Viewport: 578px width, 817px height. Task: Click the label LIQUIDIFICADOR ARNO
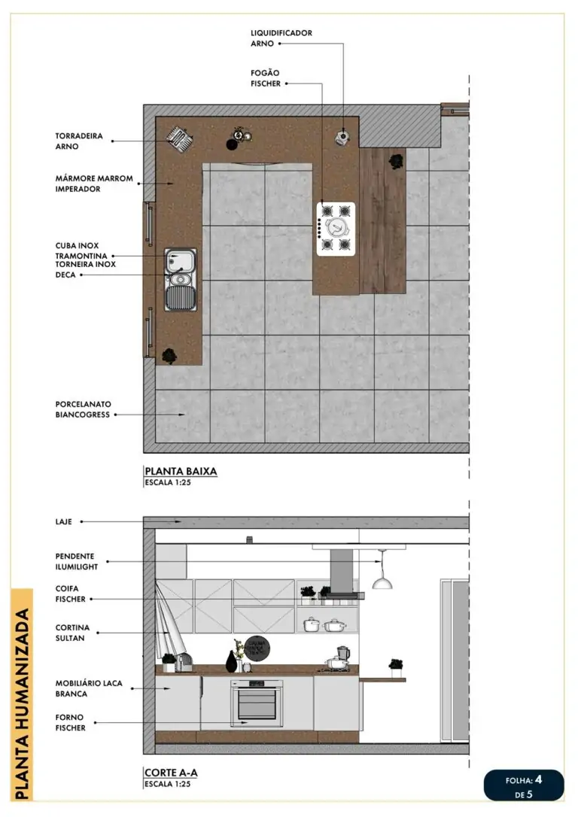(x=281, y=38)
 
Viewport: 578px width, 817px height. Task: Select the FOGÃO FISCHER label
(x=266, y=78)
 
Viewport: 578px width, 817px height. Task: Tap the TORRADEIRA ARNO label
(x=78, y=141)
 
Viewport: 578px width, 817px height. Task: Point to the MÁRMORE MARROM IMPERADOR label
(x=94, y=184)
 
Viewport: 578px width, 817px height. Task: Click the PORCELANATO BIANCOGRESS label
(x=83, y=408)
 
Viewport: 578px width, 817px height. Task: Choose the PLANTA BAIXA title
(x=181, y=472)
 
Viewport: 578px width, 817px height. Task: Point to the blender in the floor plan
(x=343, y=136)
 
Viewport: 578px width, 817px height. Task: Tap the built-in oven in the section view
(x=257, y=703)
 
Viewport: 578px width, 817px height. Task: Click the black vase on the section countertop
(x=231, y=662)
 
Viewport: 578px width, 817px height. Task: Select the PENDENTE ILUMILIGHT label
(x=76, y=561)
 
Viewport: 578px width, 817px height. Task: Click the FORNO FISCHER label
(x=70, y=722)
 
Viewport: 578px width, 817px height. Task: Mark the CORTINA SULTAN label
(x=72, y=632)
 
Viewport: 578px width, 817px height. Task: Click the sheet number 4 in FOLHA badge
(x=538, y=779)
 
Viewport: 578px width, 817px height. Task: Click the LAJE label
(x=64, y=521)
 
